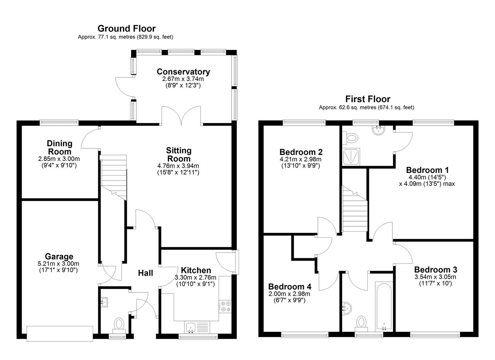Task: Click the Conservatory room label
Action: [x=183, y=72]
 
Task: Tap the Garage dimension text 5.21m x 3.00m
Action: [x=58, y=264]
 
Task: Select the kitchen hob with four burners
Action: [x=225, y=307]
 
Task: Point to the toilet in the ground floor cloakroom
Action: [x=119, y=326]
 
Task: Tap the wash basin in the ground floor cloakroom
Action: [x=104, y=302]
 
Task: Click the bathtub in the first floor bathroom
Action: [x=384, y=307]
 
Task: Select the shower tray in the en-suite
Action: [x=351, y=157]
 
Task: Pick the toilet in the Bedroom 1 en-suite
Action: [x=350, y=138]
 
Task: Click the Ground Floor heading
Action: [x=126, y=29]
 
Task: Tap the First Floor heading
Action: [x=368, y=99]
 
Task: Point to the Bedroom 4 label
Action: [x=290, y=287]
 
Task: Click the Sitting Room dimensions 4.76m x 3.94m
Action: [x=178, y=165]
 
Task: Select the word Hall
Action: [x=145, y=273]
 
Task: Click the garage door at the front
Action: [x=60, y=334]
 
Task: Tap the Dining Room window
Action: [x=59, y=123]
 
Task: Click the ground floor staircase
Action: [x=114, y=177]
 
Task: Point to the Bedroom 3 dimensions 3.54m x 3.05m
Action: [x=435, y=277]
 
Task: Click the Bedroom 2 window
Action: [x=304, y=123]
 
